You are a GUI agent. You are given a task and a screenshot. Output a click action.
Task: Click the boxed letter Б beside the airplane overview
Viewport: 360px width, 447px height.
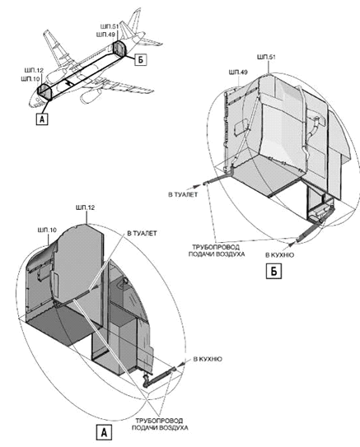[141, 59]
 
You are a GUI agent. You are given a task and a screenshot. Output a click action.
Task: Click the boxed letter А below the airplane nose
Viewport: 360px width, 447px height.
[42, 119]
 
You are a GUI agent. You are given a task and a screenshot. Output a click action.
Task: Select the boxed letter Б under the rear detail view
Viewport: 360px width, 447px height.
[274, 272]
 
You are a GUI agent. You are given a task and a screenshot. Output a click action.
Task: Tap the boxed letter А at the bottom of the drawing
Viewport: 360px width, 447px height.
[104, 432]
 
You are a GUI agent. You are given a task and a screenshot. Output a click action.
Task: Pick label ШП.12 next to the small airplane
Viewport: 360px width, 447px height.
[32, 71]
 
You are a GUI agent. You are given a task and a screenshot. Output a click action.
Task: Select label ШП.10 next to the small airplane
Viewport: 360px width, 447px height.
[30, 78]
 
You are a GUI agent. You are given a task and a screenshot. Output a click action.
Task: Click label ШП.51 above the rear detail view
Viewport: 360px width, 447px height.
[266, 57]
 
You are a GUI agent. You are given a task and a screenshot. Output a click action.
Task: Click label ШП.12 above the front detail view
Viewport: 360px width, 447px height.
[86, 207]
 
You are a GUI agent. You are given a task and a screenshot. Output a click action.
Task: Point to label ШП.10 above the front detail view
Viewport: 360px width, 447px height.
[47, 230]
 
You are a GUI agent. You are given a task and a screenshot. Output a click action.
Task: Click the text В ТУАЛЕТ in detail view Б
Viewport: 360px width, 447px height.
[183, 195]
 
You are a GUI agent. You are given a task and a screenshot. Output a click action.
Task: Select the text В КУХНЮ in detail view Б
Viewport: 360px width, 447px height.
[279, 255]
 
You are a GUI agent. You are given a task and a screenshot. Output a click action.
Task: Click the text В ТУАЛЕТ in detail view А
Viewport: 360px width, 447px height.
[142, 234]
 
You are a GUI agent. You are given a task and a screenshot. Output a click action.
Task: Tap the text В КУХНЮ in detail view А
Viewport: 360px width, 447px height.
[208, 359]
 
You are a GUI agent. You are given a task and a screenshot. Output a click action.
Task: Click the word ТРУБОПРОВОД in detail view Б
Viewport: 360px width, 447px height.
[216, 247]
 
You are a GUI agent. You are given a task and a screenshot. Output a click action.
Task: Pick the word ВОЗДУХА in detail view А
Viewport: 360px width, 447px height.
[174, 428]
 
